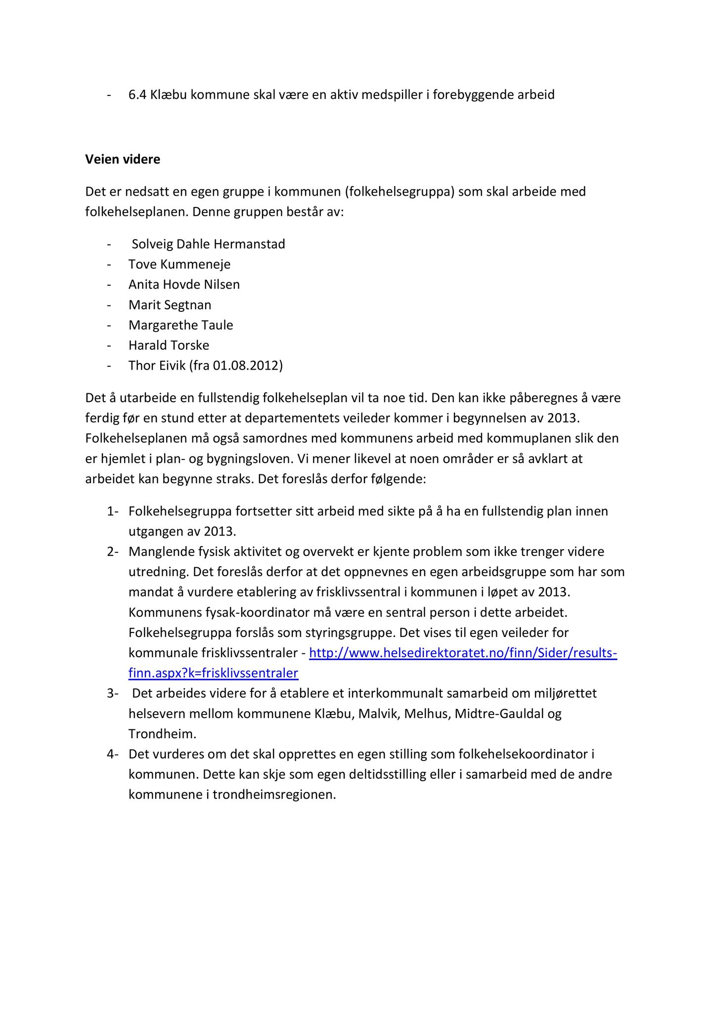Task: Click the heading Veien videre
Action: tap(123, 160)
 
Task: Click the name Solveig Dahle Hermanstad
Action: tap(208, 244)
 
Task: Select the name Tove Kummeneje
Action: tap(179, 264)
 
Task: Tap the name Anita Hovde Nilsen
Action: tap(184, 285)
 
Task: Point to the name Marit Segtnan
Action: tap(170, 305)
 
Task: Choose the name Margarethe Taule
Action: tap(180, 325)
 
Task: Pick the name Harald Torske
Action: tap(169, 345)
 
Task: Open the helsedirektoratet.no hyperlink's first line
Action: tap(463, 653)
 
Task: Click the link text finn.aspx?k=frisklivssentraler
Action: tap(213, 674)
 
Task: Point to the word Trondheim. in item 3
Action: tap(162, 734)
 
